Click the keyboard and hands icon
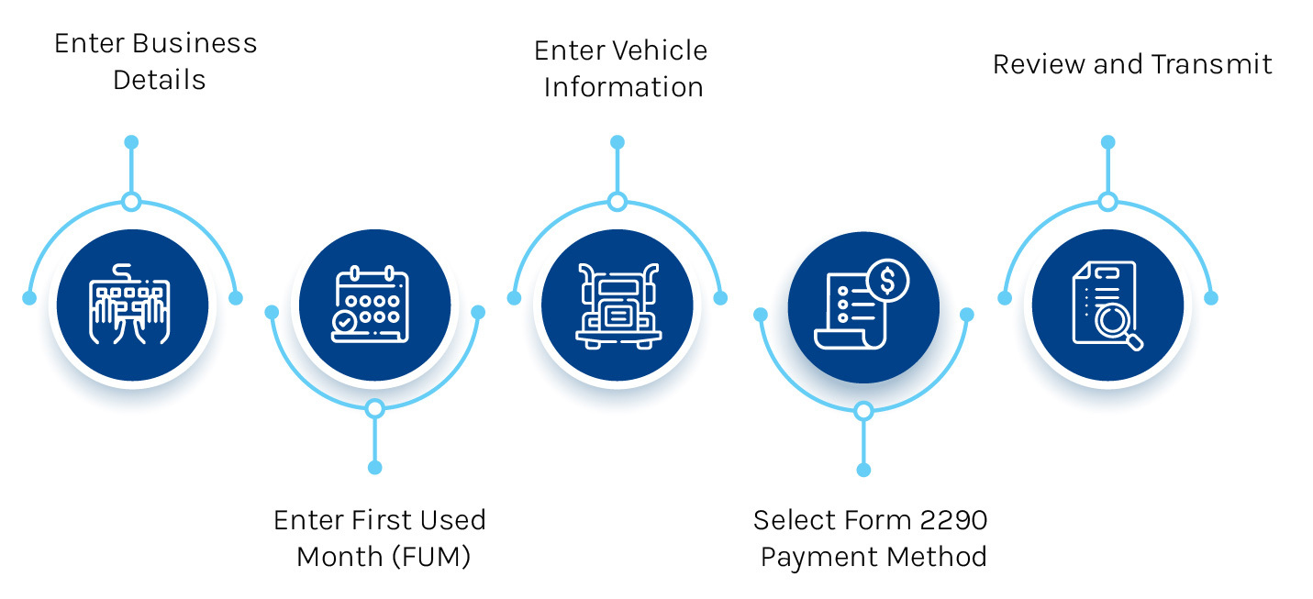click(x=131, y=305)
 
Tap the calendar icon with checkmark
click(x=374, y=305)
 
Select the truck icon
click(x=618, y=305)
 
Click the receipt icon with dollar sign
click(x=862, y=305)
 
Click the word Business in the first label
click(x=194, y=43)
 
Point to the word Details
click(x=159, y=80)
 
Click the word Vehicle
click(x=661, y=50)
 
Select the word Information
click(x=623, y=87)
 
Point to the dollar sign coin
click(x=887, y=279)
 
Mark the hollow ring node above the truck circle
click(x=618, y=202)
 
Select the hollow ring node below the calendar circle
click(x=374, y=409)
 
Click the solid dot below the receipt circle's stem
click(x=862, y=470)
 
